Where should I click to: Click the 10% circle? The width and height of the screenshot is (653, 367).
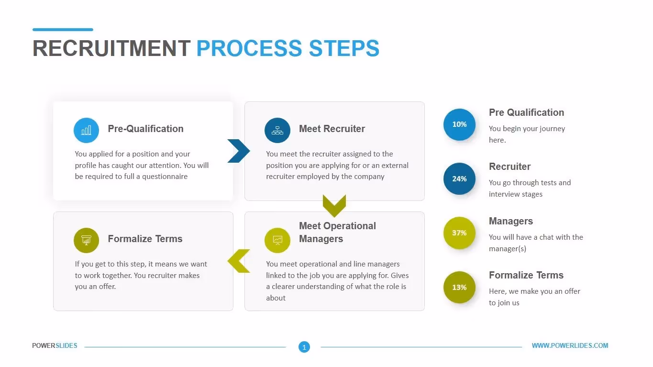[x=459, y=124]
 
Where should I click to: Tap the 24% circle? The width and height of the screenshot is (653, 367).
[x=459, y=178]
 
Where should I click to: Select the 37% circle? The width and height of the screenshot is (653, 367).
[x=459, y=233]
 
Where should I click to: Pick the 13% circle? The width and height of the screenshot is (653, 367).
[x=459, y=287]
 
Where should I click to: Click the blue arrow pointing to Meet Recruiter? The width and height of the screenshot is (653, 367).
[x=238, y=151]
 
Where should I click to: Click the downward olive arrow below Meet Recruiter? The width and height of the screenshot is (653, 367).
[x=334, y=205]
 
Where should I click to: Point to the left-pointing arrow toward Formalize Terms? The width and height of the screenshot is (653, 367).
[x=238, y=261]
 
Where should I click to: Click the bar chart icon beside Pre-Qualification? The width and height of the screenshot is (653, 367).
[x=86, y=130]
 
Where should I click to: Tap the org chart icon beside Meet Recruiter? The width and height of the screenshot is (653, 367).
[x=277, y=130]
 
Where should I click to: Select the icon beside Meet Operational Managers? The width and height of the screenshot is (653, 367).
[x=277, y=240]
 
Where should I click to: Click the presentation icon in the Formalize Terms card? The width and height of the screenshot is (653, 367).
[x=86, y=240]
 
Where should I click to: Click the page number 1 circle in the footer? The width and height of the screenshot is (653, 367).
[x=304, y=347]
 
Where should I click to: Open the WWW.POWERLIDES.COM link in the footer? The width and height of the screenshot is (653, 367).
[x=570, y=345]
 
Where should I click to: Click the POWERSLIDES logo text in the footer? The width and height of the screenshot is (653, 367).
[x=55, y=345]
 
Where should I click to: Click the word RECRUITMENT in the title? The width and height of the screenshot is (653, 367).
[x=111, y=49]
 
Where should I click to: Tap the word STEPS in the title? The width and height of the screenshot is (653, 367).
[x=344, y=49]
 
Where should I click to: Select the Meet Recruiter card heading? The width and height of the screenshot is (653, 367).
[x=332, y=129]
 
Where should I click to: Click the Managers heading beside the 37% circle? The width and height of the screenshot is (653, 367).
[x=510, y=221]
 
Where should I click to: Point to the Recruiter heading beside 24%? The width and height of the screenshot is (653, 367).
[x=509, y=167]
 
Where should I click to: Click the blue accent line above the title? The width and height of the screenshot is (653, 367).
[x=63, y=30]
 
